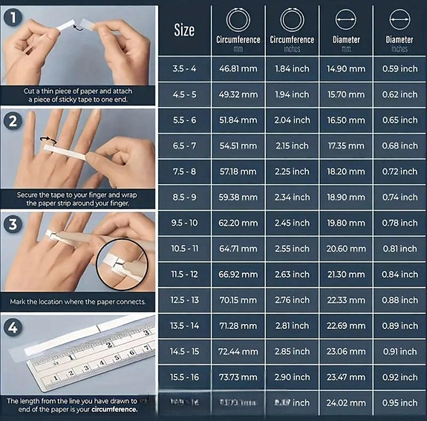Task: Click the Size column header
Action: [x=184, y=30]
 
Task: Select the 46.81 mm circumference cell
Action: [x=238, y=69]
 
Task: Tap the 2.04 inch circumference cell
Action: [x=292, y=120]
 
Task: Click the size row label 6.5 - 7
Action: [x=184, y=146]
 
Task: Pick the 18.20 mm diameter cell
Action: [x=346, y=172]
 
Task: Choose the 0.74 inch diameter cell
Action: [x=400, y=198]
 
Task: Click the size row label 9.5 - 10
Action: [x=184, y=223]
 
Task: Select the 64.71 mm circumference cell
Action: [x=238, y=249]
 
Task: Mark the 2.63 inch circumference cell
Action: [x=292, y=275]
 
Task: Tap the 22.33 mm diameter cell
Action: [x=346, y=300]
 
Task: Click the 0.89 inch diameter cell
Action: [x=400, y=326]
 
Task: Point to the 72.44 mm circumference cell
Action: [x=238, y=351]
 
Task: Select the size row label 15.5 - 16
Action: [x=184, y=377]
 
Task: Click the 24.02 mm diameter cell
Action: [x=346, y=403]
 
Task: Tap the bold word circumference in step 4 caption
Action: [x=114, y=409]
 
